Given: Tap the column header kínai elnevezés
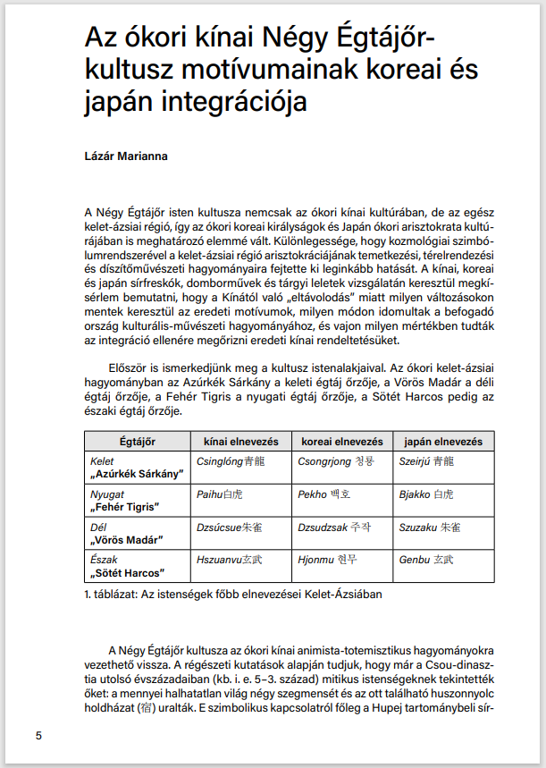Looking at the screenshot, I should [x=241, y=442].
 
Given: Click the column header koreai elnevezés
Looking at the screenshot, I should [x=343, y=442].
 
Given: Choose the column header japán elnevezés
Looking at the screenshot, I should [x=443, y=442].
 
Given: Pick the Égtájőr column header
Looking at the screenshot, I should [x=138, y=442].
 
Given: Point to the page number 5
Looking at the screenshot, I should [x=38, y=736].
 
